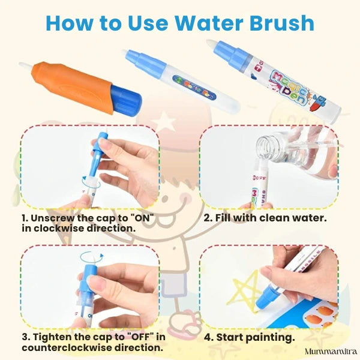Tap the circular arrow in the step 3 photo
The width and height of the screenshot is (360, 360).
pyautogui.click(x=91, y=257)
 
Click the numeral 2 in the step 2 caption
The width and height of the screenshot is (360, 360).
pyautogui.click(x=206, y=217)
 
